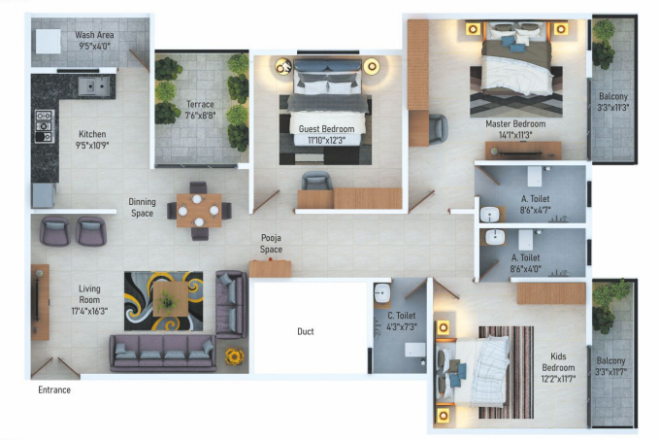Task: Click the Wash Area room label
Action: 94,35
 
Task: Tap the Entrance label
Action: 54,390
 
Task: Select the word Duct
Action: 306,332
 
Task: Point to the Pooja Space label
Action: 271,244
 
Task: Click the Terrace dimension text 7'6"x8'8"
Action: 201,116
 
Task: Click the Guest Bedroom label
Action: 326,128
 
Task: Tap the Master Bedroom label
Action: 515,124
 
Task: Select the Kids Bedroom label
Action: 558,362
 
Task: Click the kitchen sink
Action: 94,86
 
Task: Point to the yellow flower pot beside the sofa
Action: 233,355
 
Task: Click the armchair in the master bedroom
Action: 436,126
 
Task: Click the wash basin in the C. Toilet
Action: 380,291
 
